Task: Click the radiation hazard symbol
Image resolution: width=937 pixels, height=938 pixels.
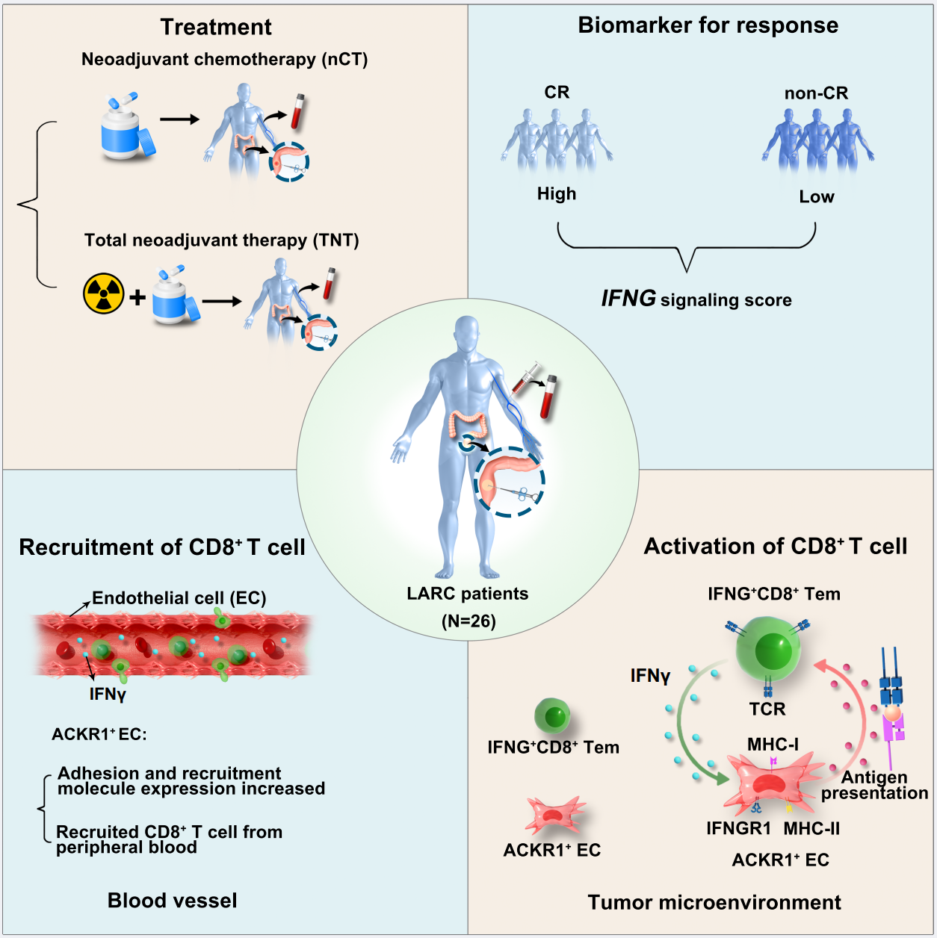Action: (x=103, y=293)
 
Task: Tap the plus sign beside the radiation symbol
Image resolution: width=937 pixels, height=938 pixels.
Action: (x=137, y=297)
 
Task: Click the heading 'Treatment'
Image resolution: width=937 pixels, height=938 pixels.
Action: (x=216, y=27)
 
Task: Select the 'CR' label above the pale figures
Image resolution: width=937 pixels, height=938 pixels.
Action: (x=557, y=92)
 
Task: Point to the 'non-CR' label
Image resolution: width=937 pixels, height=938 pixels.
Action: (x=816, y=93)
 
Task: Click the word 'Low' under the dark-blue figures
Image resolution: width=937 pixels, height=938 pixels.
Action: (x=816, y=197)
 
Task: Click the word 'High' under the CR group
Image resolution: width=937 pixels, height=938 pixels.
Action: (x=557, y=194)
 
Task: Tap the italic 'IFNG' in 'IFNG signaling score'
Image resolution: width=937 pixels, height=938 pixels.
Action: (x=628, y=299)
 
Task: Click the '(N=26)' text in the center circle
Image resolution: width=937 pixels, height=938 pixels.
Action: (x=468, y=621)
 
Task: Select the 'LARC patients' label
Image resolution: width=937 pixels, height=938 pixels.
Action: (x=468, y=594)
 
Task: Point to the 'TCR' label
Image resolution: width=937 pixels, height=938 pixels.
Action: (x=767, y=709)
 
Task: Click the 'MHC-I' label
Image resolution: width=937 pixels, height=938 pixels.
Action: (x=773, y=745)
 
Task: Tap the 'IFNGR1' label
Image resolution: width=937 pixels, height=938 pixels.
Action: (x=739, y=828)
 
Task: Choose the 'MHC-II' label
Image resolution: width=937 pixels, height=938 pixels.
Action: (x=811, y=828)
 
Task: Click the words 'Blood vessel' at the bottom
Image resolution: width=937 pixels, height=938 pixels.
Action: (x=173, y=901)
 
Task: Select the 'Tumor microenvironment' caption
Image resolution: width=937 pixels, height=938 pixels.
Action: (x=714, y=902)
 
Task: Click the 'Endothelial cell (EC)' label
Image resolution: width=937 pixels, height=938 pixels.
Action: (x=179, y=598)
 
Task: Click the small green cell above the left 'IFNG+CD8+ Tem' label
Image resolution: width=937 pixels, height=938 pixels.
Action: (x=554, y=716)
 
